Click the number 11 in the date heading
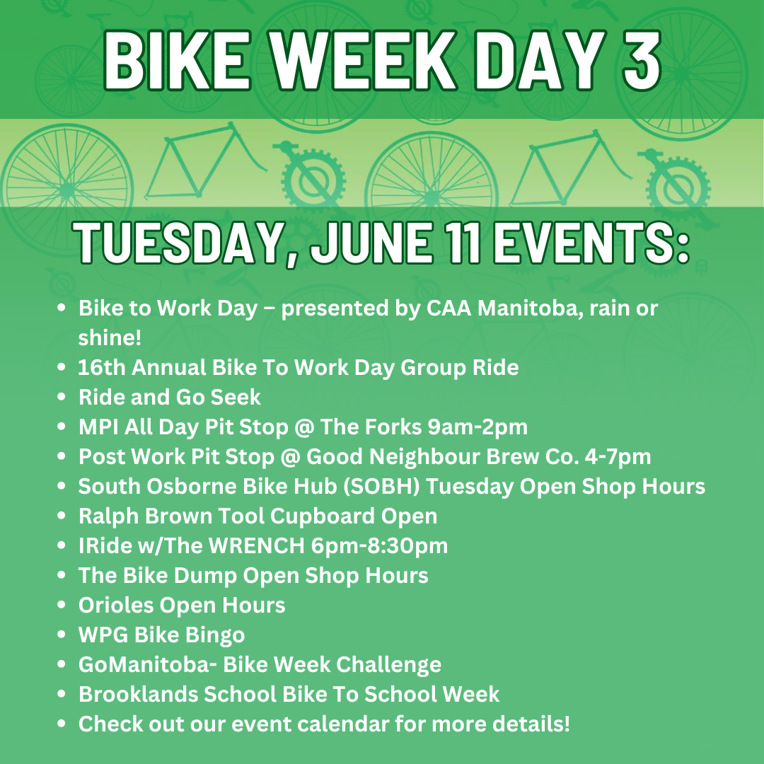[x=465, y=241]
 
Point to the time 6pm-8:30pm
[x=379, y=546]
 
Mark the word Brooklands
[x=139, y=695]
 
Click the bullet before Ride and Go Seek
[x=61, y=397]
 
